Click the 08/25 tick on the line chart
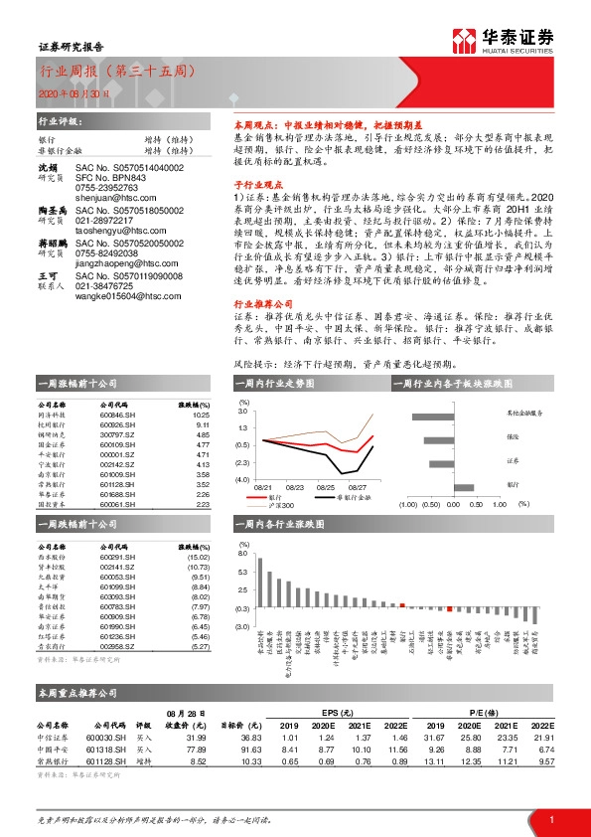pyautogui.click(x=328, y=487)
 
